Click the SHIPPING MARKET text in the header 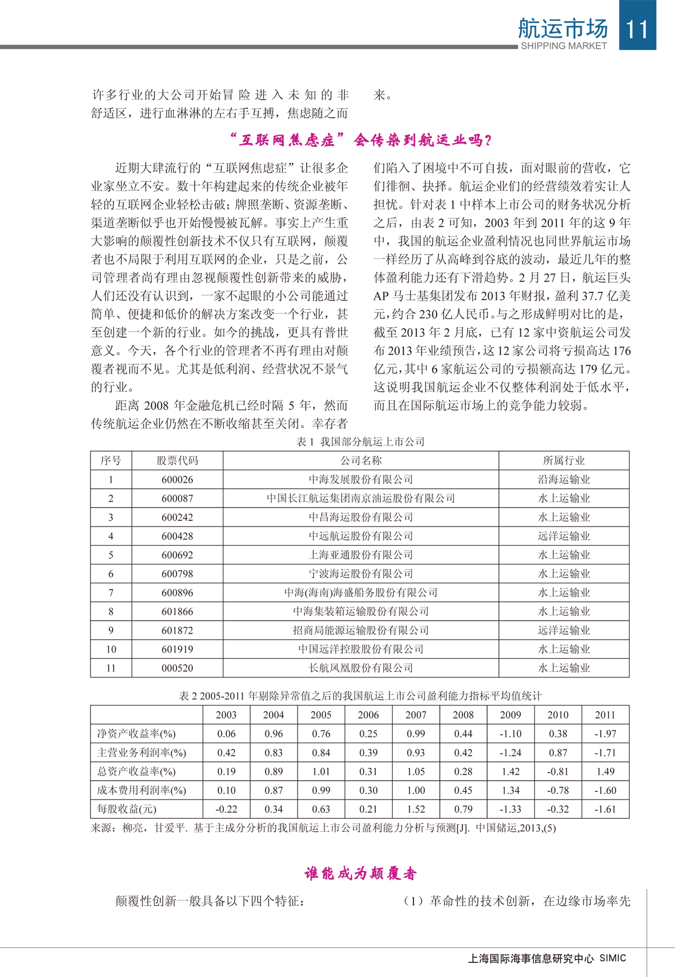(564, 46)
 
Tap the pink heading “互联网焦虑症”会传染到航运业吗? (361, 140)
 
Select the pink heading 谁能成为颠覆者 (361, 873)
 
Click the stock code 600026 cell (177, 480)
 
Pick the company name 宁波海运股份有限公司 (361, 574)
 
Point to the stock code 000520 (177, 668)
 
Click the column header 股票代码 (177, 461)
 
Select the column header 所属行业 (564, 461)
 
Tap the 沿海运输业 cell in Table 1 (564, 480)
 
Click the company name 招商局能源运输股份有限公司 (361, 631)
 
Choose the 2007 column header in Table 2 (416, 715)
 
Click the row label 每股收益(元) (127, 809)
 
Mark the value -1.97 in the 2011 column (605, 734)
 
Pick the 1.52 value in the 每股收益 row (416, 809)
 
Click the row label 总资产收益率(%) (136, 771)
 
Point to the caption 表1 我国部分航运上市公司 (360, 442)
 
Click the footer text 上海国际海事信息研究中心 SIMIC (547, 958)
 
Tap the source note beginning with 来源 (323, 828)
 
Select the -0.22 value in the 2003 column (226, 809)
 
